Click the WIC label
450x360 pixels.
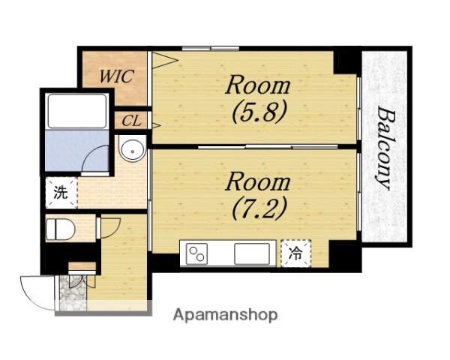(116, 76)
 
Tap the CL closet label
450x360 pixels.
(132, 121)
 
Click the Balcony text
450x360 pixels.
(384, 148)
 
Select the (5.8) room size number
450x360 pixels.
(259, 112)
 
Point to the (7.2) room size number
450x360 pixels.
(259, 208)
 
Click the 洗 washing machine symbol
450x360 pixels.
(61, 193)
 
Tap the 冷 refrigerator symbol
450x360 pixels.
(295, 253)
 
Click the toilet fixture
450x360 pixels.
(61, 229)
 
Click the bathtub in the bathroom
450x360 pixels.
(77, 111)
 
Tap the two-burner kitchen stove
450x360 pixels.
(196, 253)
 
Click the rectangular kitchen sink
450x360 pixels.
(252, 253)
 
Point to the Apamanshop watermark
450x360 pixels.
(225, 315)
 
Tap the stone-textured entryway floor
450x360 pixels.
(73, 292)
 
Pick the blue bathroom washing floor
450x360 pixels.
(76, 151)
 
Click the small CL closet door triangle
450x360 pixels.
(156, 125)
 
